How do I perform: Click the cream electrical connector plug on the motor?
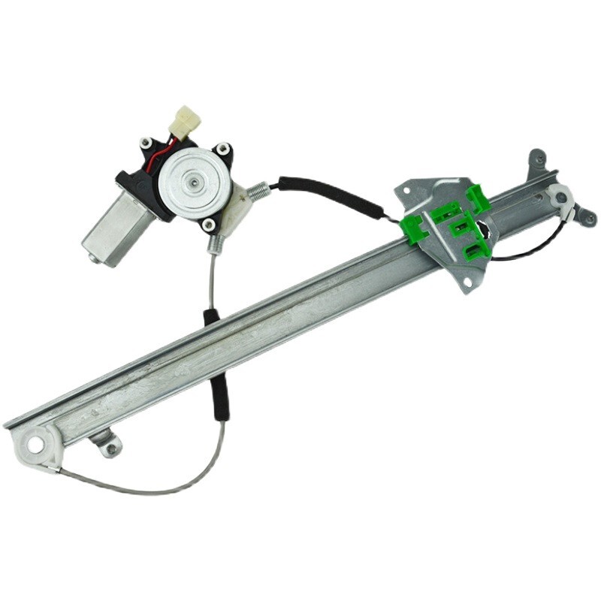185,121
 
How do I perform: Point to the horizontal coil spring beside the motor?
259,192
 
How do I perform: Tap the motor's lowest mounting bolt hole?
208,224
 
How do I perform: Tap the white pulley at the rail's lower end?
35,445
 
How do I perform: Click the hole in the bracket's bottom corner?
469,282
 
